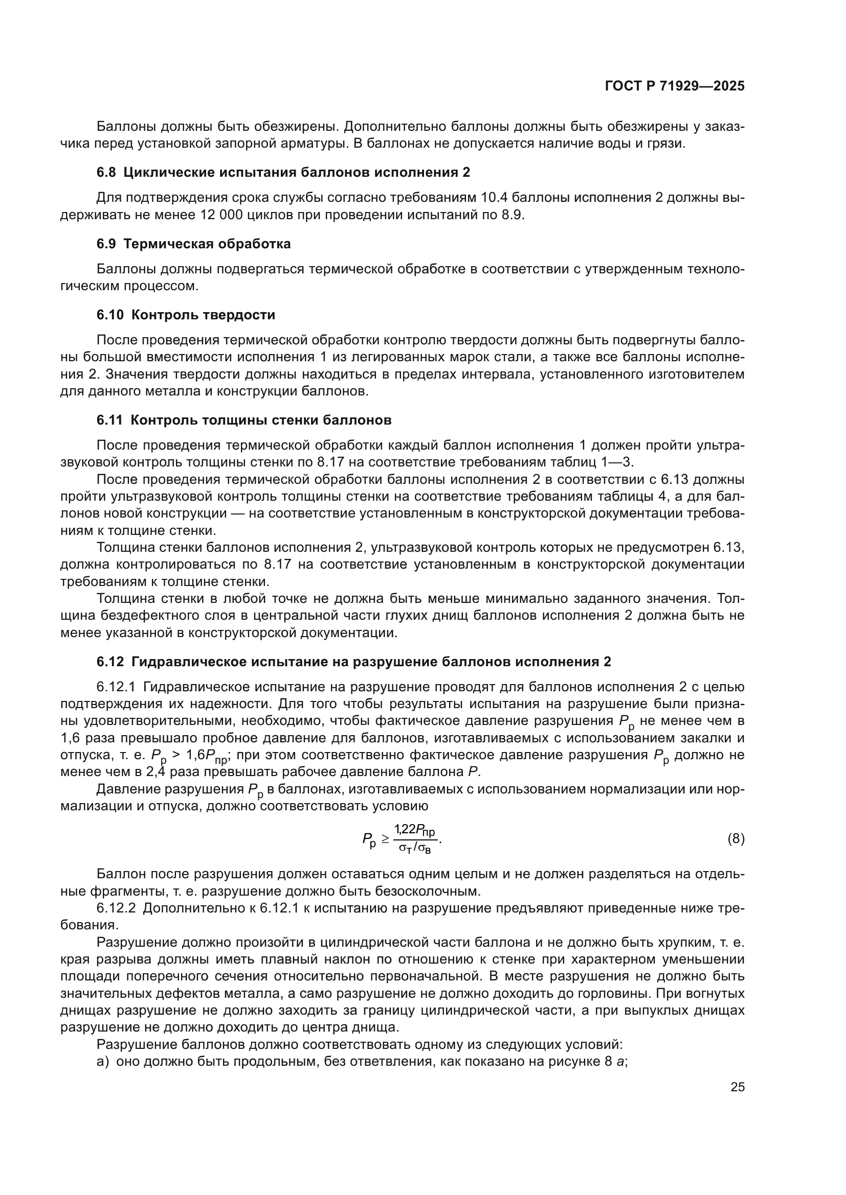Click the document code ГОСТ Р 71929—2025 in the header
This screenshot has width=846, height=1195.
[x=675, y=86]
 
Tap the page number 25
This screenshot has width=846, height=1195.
[x=737, y=1087]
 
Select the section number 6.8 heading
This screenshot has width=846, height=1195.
[x=106, y=172]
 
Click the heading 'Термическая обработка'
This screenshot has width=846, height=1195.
[x=207, y=244]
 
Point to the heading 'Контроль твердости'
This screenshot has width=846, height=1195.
[x=203, y=315]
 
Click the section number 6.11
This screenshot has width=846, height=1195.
[x=109, y=420]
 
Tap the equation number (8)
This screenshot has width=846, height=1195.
[x=736, y=838]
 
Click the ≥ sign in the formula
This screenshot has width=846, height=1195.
[x=385, y=838]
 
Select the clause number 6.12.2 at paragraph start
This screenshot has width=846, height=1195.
[x=116, y=908]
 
